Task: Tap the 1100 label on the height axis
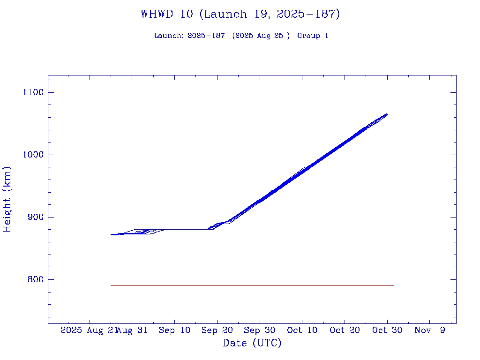(x=33, y=92)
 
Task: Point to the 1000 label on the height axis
(x=33, y=155)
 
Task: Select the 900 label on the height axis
(x=35, y=217)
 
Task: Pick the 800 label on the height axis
(x=35, y=279)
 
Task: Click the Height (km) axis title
(x=7, y=199)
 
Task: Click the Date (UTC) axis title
(x=252, y=343)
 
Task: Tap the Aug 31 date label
(x=132, y=330)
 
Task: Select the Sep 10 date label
(x=174, y=330)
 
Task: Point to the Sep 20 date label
(x=217, y=330)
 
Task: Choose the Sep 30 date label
(x=259, y=330)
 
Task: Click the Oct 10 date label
(x=302, y=330)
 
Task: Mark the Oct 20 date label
(x=344, y=330)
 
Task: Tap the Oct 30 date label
(x=387, y=330)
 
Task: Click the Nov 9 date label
(x=429, y=330)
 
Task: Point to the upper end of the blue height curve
(x=387, y=114)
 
